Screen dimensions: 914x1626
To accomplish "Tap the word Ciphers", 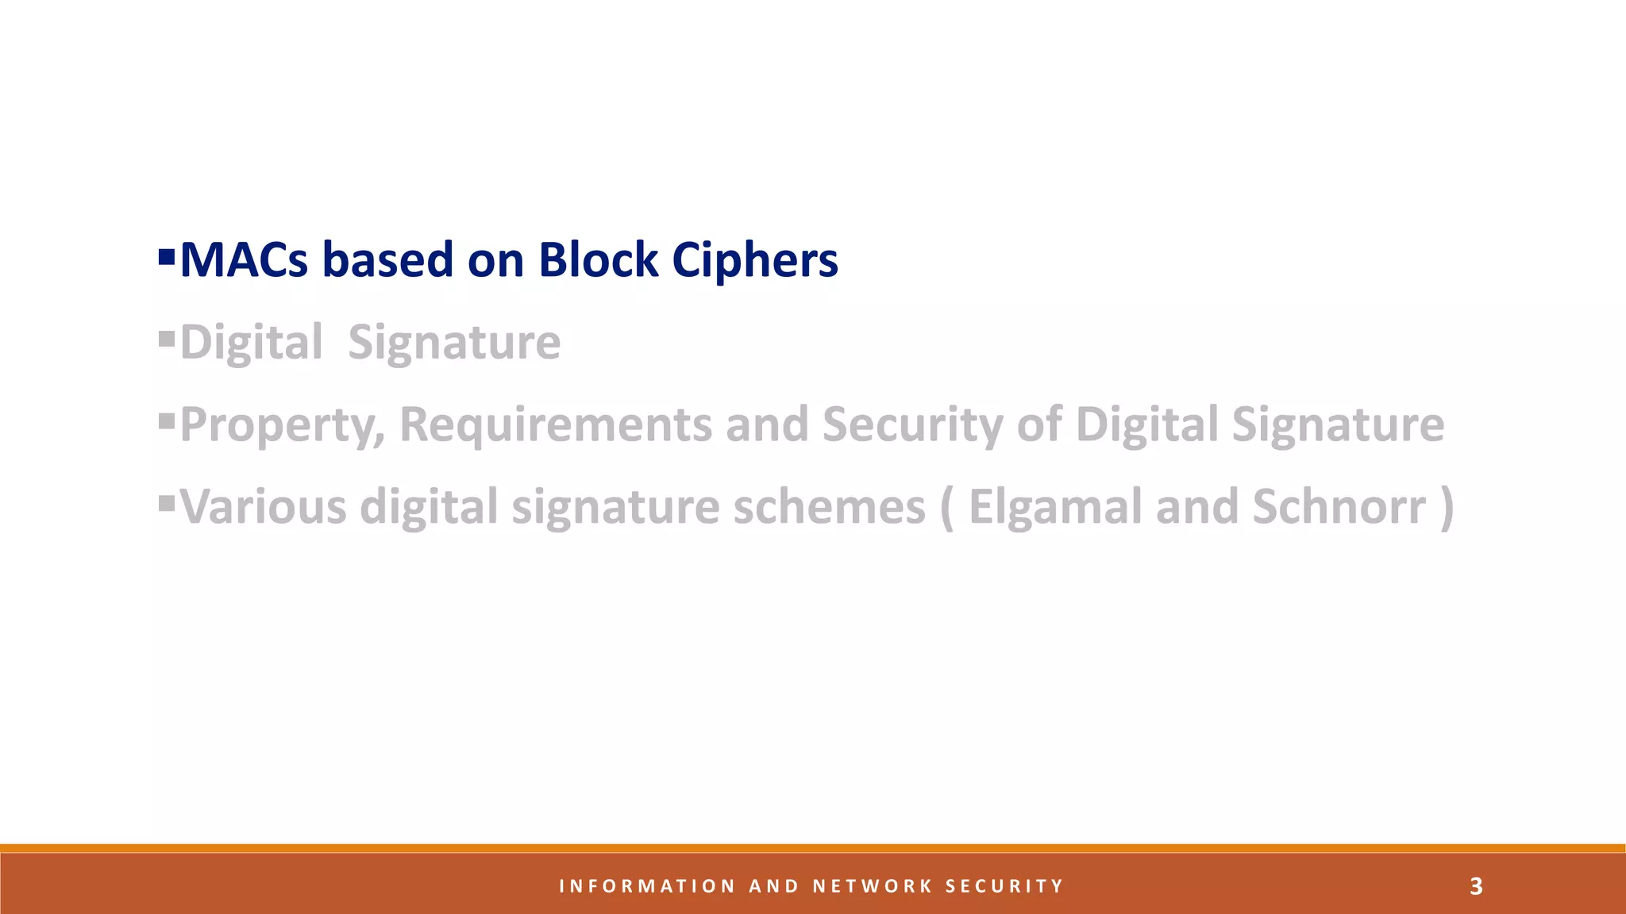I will (x=754, y=260).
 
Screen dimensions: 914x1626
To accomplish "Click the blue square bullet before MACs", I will (x=167, y=257).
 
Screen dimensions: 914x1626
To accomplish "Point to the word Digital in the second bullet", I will (x=251, y=343).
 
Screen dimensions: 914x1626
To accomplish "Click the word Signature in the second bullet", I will (x=454, y=343).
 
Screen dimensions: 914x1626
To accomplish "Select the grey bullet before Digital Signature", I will (x=167, y=340).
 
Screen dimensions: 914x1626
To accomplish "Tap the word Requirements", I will (x=555, y=425).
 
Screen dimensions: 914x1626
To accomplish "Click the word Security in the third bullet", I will (x=912, y=425).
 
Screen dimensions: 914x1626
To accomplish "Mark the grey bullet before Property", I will (x=167, y=421).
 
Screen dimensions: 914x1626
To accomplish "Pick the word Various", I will (x=263, y=507).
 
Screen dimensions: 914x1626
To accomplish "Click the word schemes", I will (x=829, y=507).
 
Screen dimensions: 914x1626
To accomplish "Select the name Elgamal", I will (x=1055, y=507).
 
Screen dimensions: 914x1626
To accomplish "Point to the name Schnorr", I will (x=1339, y=507).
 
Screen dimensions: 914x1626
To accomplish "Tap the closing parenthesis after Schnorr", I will (x=1447, y=509).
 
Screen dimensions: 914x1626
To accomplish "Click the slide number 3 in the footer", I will (x=1476, y=886).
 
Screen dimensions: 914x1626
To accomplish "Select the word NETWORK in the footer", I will (x=873, y=886).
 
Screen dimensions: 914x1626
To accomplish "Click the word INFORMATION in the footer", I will (x=647, y=886).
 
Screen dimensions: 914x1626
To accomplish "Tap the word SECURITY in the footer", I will (x=1004, y=886).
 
